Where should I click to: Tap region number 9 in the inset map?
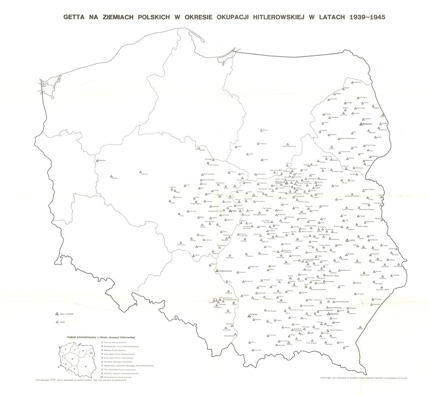[86, 366]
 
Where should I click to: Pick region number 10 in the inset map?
[91, 353]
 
